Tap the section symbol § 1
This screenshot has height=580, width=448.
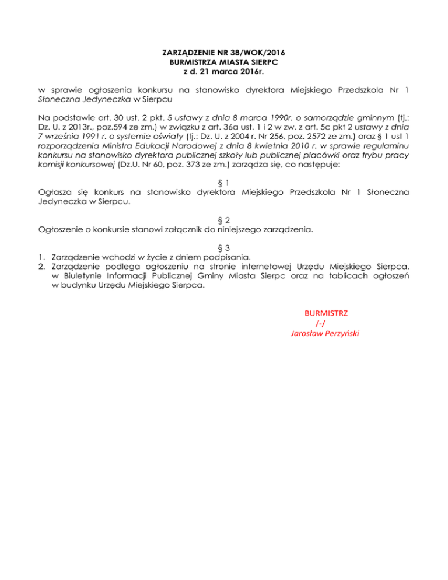pyautogui.click(x=224, y=181)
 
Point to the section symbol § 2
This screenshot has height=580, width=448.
pyautogui.click(x=224, y=219)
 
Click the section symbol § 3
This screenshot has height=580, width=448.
pyautogui.click(x=224, y=248)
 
